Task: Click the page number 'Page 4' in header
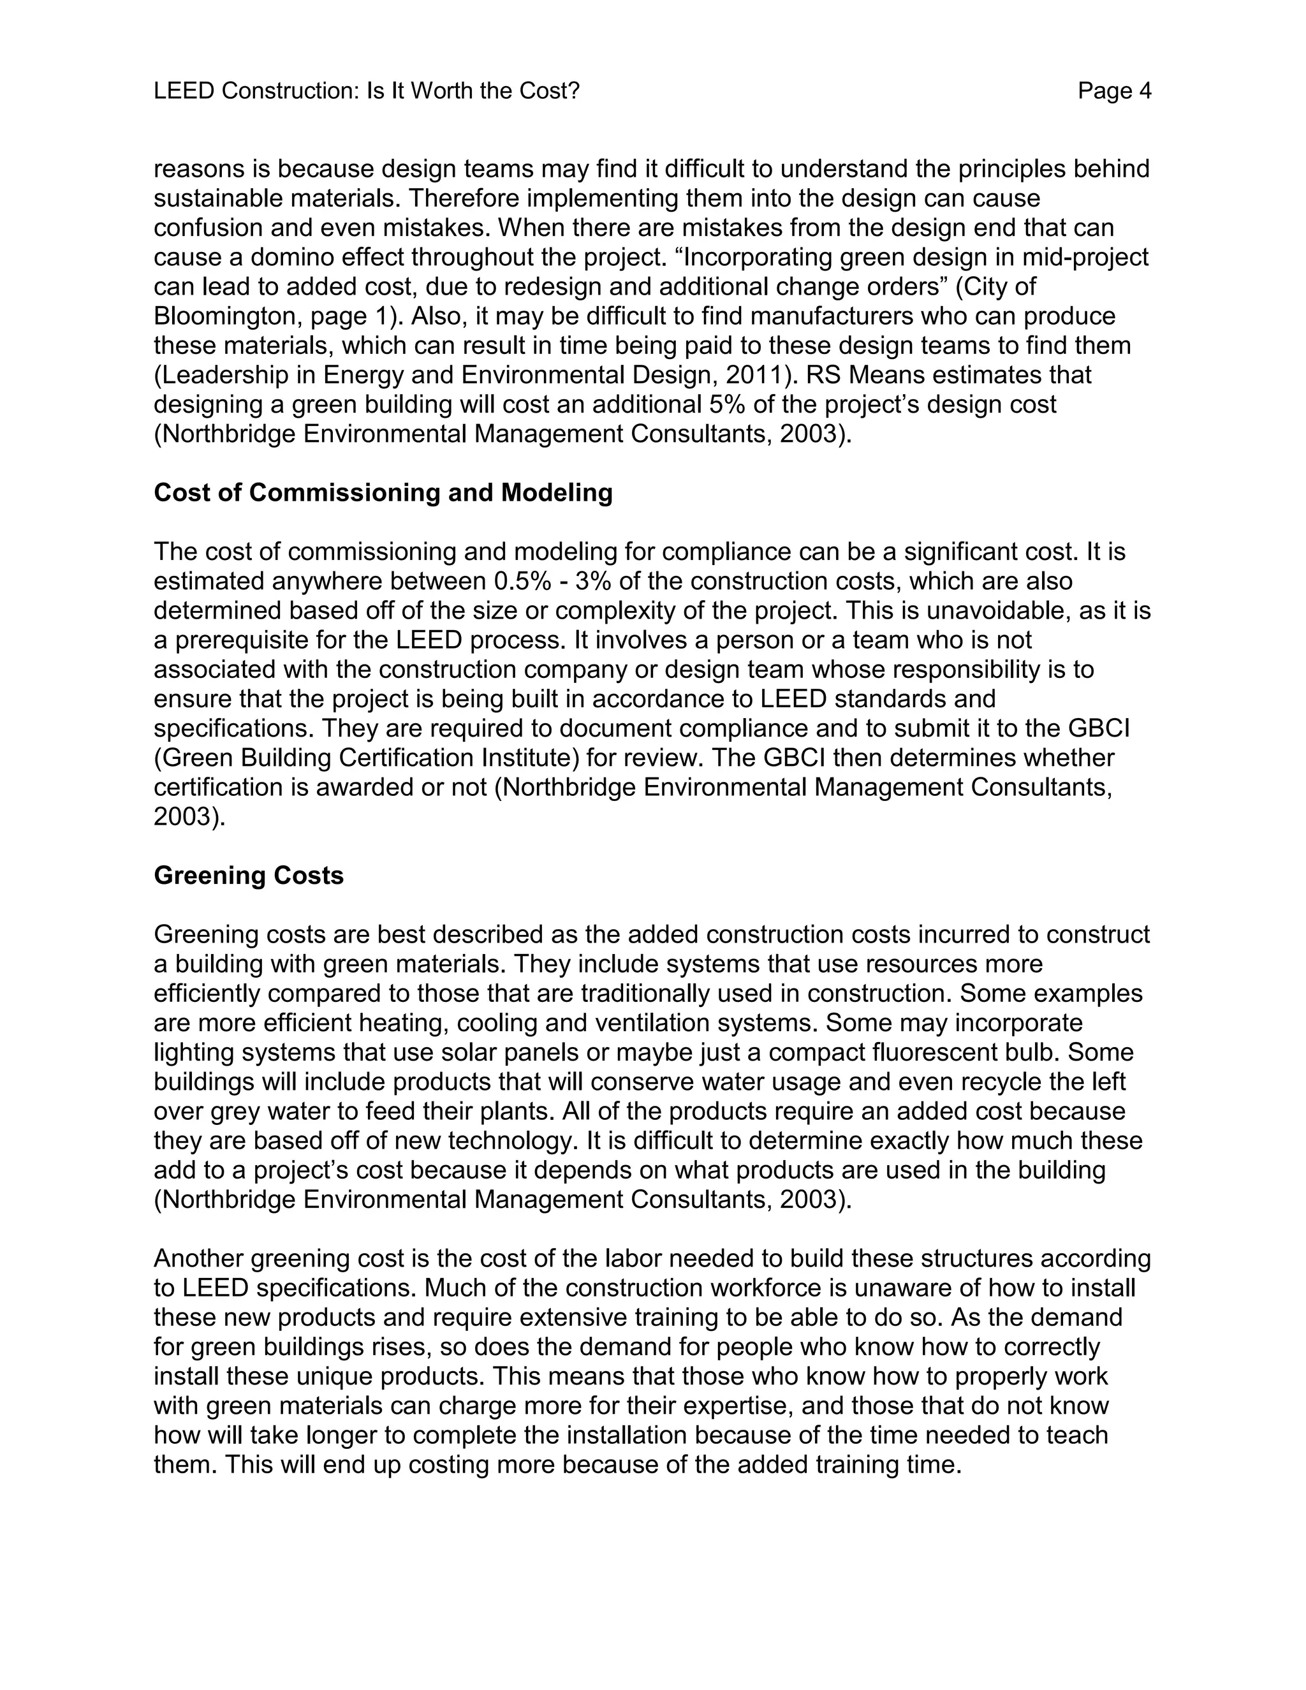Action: [x=1113, y=91]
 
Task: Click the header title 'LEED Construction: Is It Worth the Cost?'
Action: [x=366, y=91]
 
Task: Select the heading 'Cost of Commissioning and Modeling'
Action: [x=383, y=493]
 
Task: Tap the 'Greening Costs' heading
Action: [x=248, y=875]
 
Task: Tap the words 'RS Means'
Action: [x=858, y=374]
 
